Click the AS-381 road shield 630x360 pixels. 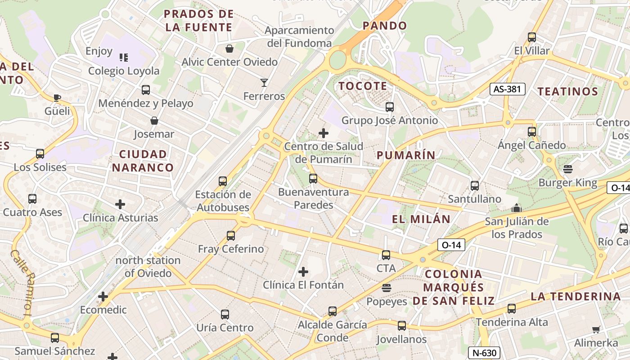pos(508,89)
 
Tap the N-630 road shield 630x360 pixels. pos(484,353)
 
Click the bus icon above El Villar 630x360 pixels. pos(532,37)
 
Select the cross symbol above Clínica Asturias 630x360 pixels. pos(120,205)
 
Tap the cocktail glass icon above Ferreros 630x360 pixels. pos(264,83)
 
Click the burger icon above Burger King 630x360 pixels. pos(568,169)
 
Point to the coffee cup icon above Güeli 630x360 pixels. pos(57,98)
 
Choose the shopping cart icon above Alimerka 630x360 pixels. pos(596,330)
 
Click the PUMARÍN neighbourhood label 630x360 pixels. pos(406,155)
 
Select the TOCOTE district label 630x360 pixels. pos(362,86)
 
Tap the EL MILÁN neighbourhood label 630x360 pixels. pos(421,219)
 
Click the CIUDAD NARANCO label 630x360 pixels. pos(143,161)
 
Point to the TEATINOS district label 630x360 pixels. pos(568,91)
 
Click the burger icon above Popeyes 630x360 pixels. pos(386,288)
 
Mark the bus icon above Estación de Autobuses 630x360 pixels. pos(223,181)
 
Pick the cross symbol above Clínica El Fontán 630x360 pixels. pos(304,272)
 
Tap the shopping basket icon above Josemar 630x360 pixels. pos(154,121)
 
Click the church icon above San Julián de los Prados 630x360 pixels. pos(516,208)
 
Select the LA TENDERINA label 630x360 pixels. pos(576,296)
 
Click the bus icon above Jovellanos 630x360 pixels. pos(401,326)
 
